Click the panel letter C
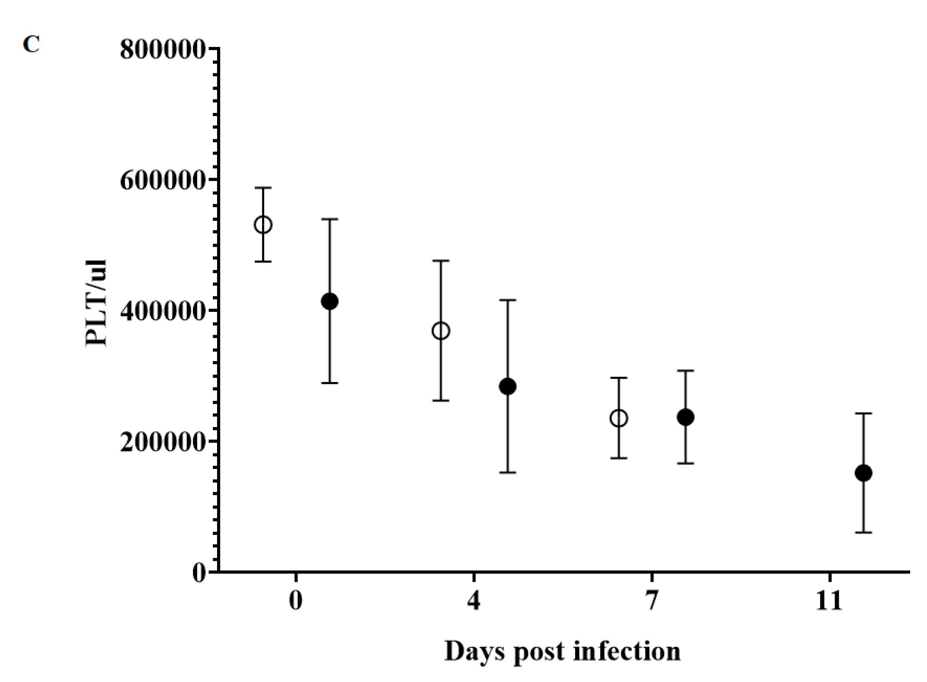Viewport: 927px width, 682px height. [x=31, y=45]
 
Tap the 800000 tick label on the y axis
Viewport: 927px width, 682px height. [x=162, y=49]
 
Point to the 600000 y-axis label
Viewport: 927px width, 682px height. [x=162, y=180]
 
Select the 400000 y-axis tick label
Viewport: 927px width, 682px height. [x=162, y=311]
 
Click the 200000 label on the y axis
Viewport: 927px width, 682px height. [x=162, y=443]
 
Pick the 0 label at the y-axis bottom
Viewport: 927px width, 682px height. [x=199, y=573]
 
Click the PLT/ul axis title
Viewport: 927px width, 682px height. [x=96, y=303]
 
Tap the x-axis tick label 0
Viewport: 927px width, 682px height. [x=296, y=601]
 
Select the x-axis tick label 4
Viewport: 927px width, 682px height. [x=474, y=601]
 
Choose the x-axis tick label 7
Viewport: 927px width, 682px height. [x=652, y=601]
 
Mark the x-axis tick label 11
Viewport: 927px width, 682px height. [x=829, y=601]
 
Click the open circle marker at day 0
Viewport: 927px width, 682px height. [x=263, y=225]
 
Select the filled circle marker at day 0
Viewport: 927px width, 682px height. [x=329, y=301]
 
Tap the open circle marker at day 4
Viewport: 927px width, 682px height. [x=441, y=331]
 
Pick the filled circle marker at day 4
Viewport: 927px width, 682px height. [x=507, y=387]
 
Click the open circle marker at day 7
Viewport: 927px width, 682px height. [x=619, y=418]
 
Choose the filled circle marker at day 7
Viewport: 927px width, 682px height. [x=685, y=417]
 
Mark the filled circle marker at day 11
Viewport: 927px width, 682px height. [x=863, y=473]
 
